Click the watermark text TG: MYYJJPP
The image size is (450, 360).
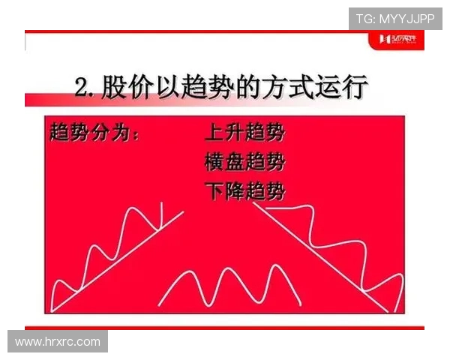click(x=395, y=19)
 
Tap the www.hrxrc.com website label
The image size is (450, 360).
click(x=58, y=341)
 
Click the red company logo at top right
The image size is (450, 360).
click(x=401, y=39)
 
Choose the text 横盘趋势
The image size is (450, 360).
click(x=244, y=162)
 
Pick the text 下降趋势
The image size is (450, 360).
click(x=244, y=190)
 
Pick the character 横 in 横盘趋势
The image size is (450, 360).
click(x=214, y=162)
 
